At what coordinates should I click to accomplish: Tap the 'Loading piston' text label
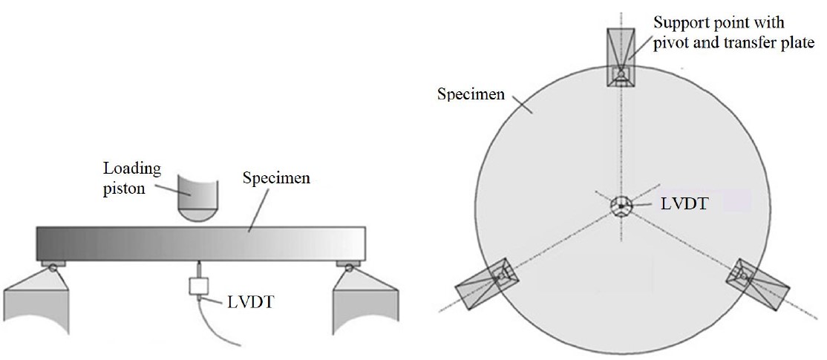coord(132,178)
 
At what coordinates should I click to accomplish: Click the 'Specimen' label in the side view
coord(276,177)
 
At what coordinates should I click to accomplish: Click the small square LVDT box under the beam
coord(199,287)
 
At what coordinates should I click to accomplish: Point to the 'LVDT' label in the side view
coord(251,302)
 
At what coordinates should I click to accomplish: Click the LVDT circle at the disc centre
coord(621,205)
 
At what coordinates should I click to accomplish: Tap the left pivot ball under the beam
coord(53,268)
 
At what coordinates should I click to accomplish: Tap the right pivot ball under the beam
coord(349,268)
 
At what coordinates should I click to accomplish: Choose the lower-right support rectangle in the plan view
coord(757,284)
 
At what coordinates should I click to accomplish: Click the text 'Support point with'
coord(719,23)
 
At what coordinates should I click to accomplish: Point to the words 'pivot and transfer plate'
coord(734,43)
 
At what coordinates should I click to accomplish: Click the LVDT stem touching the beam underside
coord(199,269)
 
